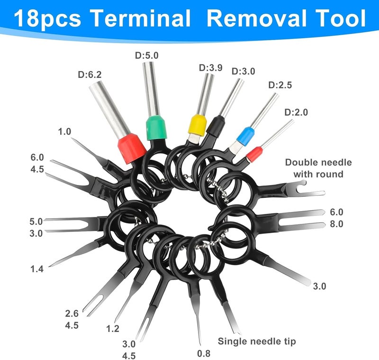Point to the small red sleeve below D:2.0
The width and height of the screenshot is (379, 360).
coord(254,154)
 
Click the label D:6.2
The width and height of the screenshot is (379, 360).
coord(90,74)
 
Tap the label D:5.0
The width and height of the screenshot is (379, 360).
coord(147,55)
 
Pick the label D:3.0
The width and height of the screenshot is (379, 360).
coord(243,72)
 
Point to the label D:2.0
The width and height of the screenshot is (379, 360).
coord(296,112)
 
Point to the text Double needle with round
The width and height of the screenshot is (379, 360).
coord(318,168)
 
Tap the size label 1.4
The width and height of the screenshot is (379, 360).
coord(36,269)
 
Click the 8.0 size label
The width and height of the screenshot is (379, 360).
coord(337,224)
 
